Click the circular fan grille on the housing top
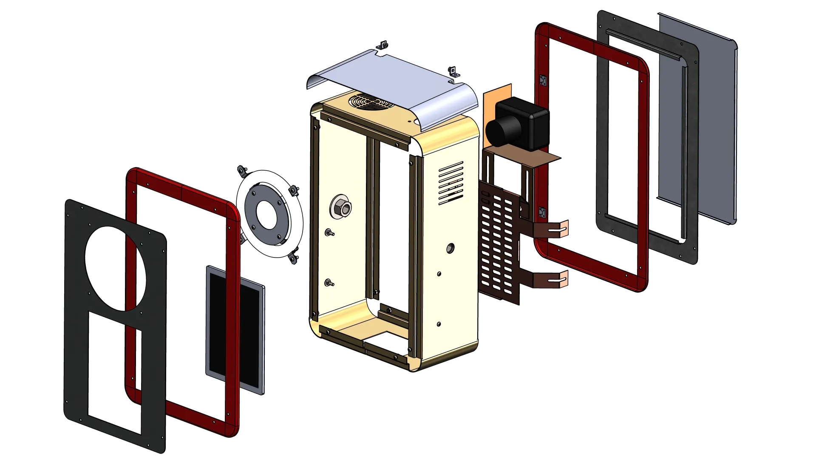369,102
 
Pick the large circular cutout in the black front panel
115,269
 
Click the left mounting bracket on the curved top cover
383,45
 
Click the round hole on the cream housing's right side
450,248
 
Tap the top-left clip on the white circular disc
242,170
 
